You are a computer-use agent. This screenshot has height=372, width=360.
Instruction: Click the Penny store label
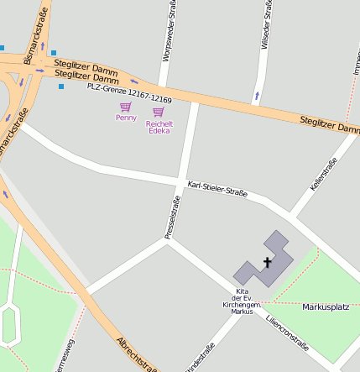126,118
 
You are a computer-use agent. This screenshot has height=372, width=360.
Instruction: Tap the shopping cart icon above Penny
126,107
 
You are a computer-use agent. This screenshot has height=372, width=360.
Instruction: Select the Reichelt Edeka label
159,127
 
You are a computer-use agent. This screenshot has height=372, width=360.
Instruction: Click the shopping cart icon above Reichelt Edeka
159,112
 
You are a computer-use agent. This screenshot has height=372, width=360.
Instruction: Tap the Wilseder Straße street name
267,25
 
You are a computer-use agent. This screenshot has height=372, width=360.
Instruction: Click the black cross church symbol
269,263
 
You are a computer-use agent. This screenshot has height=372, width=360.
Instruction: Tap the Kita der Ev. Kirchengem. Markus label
242,301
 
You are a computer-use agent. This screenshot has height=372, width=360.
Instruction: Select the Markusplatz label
325,307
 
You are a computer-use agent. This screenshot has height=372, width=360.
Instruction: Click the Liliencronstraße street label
287,333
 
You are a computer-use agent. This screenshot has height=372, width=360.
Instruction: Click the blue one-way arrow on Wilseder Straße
257,96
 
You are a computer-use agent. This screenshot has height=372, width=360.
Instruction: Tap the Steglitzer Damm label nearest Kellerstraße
330,126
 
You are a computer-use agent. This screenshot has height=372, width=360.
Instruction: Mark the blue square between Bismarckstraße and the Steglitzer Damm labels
54,53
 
